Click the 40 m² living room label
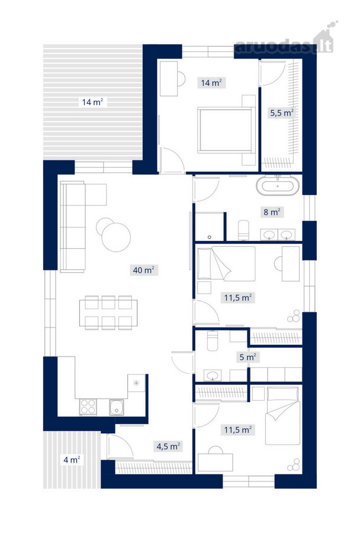[x=143, y=270]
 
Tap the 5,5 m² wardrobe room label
[x=281, y=113]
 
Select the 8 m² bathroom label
[x=272, y=212]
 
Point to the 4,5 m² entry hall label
[x=168, y=446]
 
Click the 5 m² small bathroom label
[x=247, y=357]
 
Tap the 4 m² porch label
[x=72, y=460]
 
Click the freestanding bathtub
[x=278, y=186]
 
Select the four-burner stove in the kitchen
[x=88, y=406]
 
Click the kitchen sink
[x=117, y=407]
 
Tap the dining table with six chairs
[x=108, y=313]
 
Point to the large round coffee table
[x=116, y=237]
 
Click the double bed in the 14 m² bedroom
[x=226, y=130]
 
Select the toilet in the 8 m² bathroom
[x=243, y=230]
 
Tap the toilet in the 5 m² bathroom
[x=212, y=341]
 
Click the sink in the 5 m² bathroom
[x=213, y=375]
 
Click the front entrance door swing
[x=120, y=446]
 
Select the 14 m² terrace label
[x=92, y=102]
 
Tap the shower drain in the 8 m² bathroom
[x=210, y=237]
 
